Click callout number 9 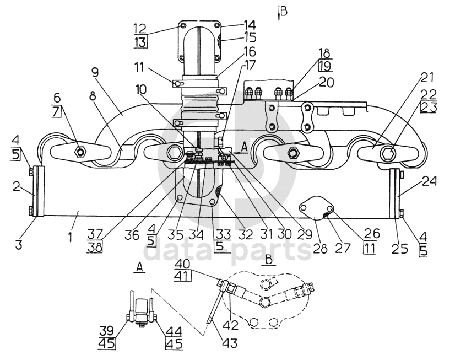coord(95,73)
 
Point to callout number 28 coord(321,249)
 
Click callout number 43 coord(230,342)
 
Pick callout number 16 coord(249,52)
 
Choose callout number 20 coord(327,82)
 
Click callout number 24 coord(429,181)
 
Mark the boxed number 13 coord(140,42)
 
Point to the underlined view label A coord(139,268)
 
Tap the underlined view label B coord(269,260)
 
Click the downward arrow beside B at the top coord(279,13)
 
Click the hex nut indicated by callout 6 coord(80,151)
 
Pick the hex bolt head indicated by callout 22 coord(388,152)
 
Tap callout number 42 coord(231,325)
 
